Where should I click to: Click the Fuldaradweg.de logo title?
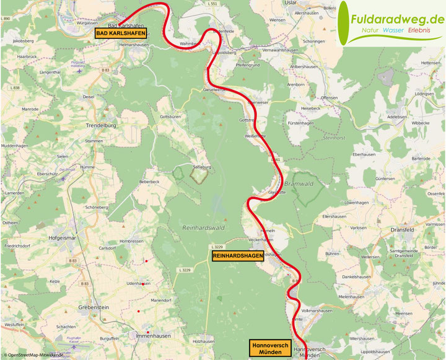click(x=397, y=20)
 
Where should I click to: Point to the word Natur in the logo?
click(x=353, y=30)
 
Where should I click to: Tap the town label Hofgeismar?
click(x=61, y=237)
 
